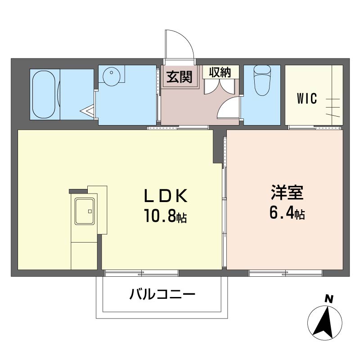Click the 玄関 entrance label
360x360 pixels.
click(x=179, y=76)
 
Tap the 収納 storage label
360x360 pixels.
click(x=220, y=72)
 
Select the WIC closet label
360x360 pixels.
click(x=307, y=99)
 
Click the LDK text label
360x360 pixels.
click(x=166, y=196)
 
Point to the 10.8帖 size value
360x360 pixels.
click(x=165, y=216)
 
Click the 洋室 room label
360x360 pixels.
click(x=287, y=193)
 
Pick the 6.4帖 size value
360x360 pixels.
click(x=287, y=213)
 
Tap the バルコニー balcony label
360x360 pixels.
click(x=162, y=294)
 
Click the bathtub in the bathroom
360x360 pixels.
click(x=44, y=94)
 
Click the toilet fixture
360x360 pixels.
click(x=262, y=81)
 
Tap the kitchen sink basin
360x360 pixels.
click(x=85, y=211)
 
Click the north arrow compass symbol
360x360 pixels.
click(x=324, y=323)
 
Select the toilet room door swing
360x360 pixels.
click(x=229, y=107)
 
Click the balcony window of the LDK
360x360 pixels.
click(x=142, y=273)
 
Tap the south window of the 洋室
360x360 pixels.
click(x=286, y=273)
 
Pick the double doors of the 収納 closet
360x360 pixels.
click(x=220, y=86)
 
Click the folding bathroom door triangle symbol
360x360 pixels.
click(x=87, y=111)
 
